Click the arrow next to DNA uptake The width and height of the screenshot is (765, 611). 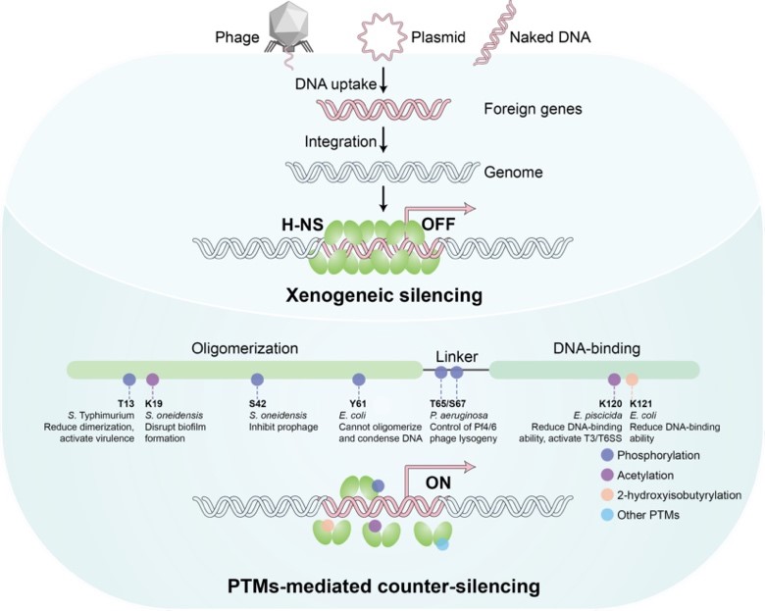tap(384, 85)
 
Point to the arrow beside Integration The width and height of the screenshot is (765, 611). tap(382, 145)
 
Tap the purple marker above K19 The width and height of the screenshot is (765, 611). tap(152, 379)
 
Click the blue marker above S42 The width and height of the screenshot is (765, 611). tap(257, 379)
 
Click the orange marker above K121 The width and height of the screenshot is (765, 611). tap(633, 379)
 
